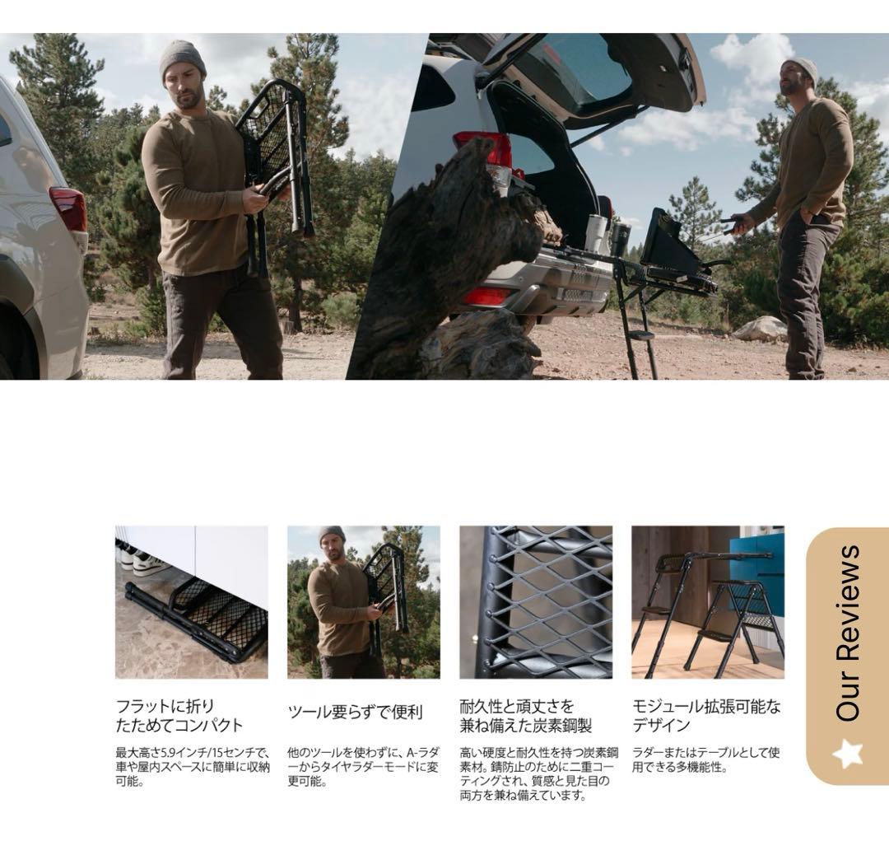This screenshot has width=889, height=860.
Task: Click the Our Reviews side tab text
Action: (848, 633)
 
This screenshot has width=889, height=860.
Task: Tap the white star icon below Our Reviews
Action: (848, 753)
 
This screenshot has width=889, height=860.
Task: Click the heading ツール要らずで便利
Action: (355, 713)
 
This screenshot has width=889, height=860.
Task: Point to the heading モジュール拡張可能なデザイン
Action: (706, 716)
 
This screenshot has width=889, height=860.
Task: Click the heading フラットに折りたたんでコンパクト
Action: (179, 716)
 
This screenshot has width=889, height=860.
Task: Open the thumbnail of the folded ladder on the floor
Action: (191, 602)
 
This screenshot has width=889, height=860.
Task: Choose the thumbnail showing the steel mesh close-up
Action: (536, 602)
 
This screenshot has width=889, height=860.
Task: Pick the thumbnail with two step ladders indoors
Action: (708, 602)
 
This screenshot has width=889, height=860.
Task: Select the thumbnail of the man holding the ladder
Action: (363, 602)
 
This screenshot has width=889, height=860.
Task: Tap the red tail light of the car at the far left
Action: (69, 208)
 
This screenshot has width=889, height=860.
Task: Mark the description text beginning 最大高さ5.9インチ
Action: (192, 767)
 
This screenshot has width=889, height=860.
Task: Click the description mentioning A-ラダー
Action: (363, 767)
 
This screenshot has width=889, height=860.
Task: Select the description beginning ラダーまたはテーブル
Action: (706, 760)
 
